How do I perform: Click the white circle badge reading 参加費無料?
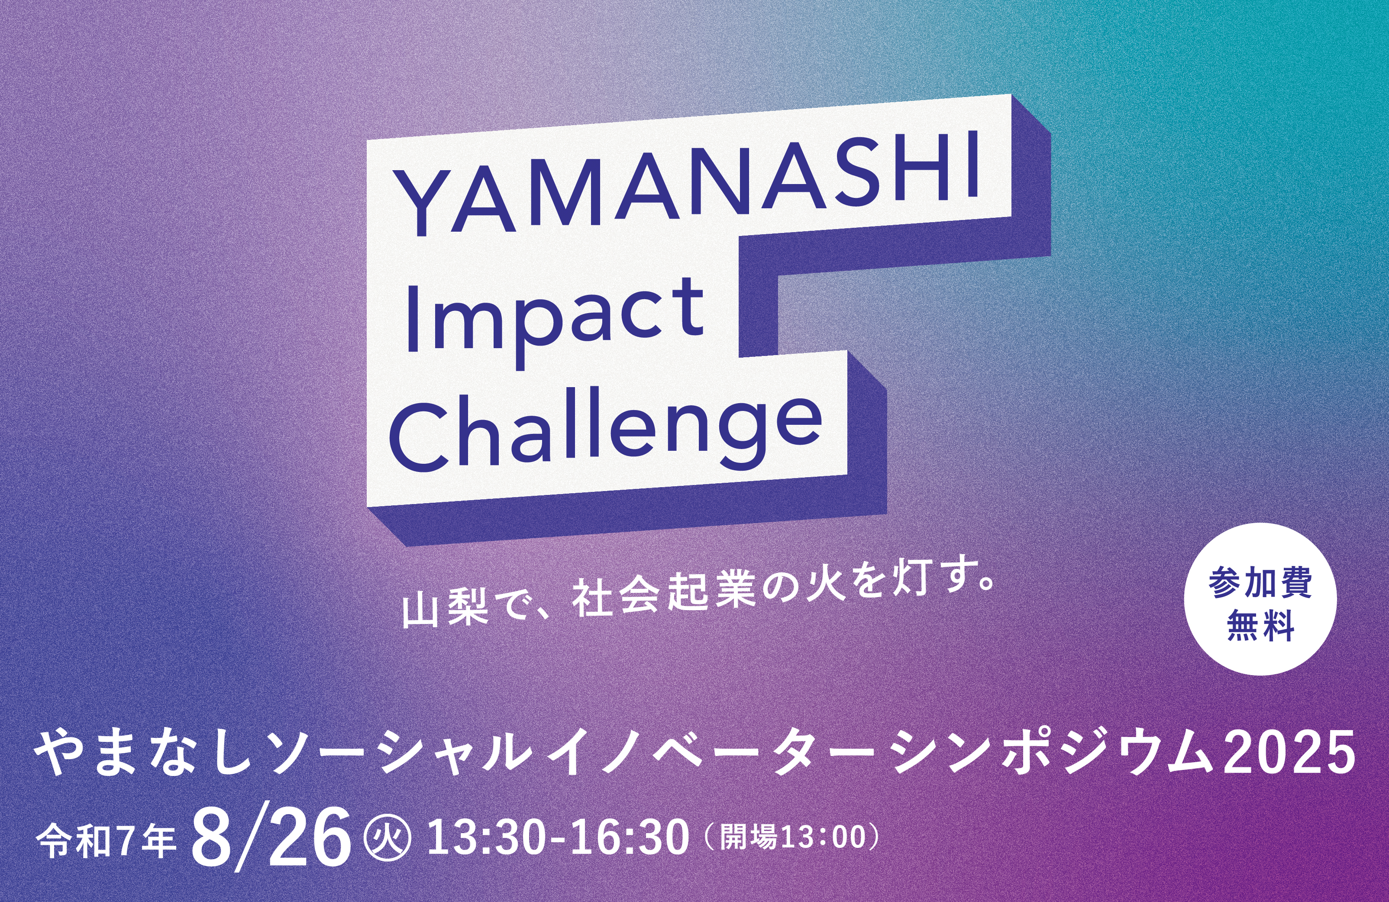click(x=1260, y=599)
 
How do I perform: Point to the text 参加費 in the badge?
click(x=1260, y=582)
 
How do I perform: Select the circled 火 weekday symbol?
click(x=388, y=839)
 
